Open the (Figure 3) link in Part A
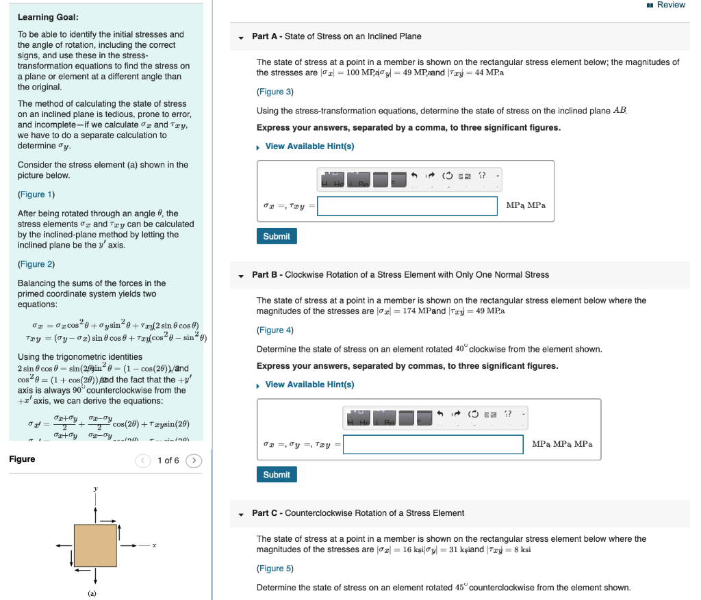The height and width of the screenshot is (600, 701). click(275, 92)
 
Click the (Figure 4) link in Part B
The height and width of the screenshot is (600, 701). click(275, 330)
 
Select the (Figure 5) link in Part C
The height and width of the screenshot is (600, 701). click(275, 569)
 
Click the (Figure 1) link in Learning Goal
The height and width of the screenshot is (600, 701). click(36, 194)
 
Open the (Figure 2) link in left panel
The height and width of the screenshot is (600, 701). click(36, 264)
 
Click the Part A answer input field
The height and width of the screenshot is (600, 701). click(407, 206)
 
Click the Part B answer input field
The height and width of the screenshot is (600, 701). click(433, 444)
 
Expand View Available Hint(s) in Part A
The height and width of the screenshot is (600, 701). click(309, 146)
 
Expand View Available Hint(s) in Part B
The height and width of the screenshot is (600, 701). click(309, 384)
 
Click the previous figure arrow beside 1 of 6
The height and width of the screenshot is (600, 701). click(143, 460)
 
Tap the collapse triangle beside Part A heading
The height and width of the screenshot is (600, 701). click(241, 37)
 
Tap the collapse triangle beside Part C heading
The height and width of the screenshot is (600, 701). click(241, 514)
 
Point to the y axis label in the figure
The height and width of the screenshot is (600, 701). click(95, 488)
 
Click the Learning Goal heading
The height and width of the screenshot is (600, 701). click(47, 17)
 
